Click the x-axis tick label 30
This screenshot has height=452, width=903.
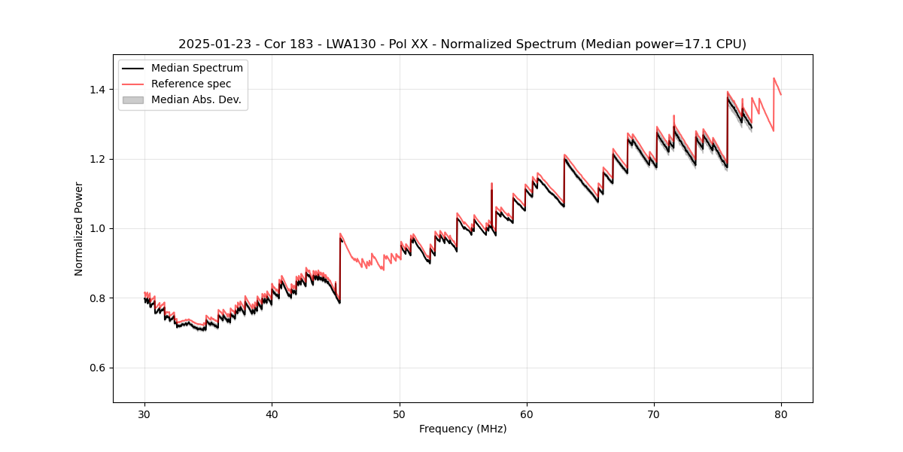(x=144, y=414)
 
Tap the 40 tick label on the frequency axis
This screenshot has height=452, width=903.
(x=272, y=414)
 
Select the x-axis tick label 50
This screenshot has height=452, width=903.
(x=399, y=414)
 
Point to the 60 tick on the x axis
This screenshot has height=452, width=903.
(x=527, y=414)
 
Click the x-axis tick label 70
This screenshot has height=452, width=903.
(x=654, y=414)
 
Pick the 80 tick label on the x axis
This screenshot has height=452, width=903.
(x=781, y=414)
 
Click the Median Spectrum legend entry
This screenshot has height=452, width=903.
(x=196, y=69)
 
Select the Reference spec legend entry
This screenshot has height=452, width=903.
(x=191, y=84)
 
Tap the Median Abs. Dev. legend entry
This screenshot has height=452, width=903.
(x=196, y=99)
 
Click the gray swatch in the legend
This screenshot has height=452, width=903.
(x=132, y=99)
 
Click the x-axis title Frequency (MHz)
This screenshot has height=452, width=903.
(x=463, y=429)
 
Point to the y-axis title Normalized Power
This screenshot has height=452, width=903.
(x=79, y=228)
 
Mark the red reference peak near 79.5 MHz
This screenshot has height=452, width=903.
(x=774, y=78)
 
